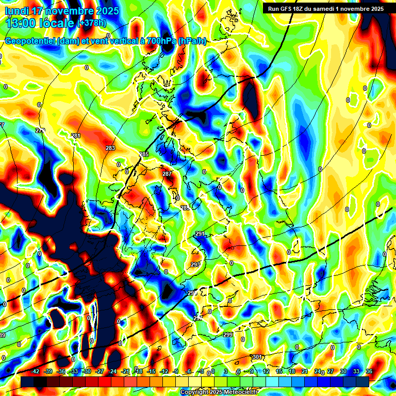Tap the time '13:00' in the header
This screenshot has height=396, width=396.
pyautogui.click(x=22, y=23)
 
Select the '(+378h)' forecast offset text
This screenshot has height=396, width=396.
pyautogui.click(x=92, y=23)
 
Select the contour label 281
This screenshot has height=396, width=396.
pyautogui.click(x=76, y=136)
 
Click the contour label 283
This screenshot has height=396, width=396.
pyautogui.click(x=110, y=148)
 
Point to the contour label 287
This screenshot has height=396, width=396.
pyautogui.click(x=167, y=174)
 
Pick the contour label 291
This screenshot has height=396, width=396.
pyautogui.click(x=200, y=234)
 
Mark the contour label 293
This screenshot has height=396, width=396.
pyautogui.click(x=195, y=265)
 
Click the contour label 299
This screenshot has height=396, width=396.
pyautogui.click(x=228, y=335)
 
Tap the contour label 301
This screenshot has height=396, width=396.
pyautogui.click(x=257, y=357)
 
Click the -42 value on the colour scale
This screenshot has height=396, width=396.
pyautogui.click(x=36, y=372)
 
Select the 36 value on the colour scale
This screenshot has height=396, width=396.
pyautogui.click(x=369, y=372)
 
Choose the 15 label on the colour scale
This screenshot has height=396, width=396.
pyautogui.click(x=279, y=372)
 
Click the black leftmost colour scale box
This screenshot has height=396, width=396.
pyautogui.click(x=27, y=381)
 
